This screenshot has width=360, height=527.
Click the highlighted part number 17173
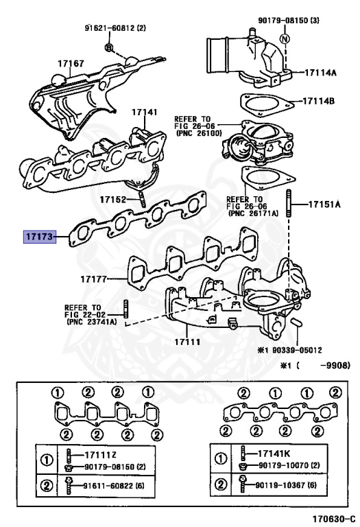pyautogui.click(x=40, y=237)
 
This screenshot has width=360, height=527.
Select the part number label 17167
pyautogui.click(x=71, y=63)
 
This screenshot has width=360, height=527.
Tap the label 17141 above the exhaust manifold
pyautogui.click(x=145, y=112)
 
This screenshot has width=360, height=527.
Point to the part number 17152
pyautogui.click(x=113, y=200)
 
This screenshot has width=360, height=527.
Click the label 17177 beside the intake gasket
pyautogui.click(x=93, y=279)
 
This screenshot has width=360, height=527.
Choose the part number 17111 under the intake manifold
pyautogui.click(x=187, y=342)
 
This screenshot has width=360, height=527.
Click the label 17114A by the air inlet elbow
pyautogui.click(x=320, y=72)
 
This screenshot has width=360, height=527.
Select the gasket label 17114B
pyautogui.click(x=319, y=101)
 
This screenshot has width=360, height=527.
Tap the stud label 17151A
pyautogui.click(x=324, y=204)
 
